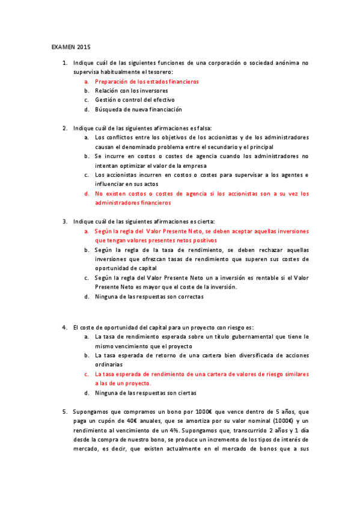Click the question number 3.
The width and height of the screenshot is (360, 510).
[64, 221]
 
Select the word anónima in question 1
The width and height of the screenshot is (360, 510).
[278, 63]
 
